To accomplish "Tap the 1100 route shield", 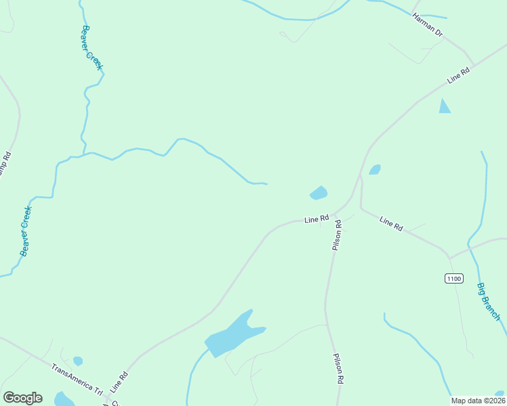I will (x=453, y=278).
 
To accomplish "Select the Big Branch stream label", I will (x=489, y=302).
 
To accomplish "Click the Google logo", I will (x=22, y=398).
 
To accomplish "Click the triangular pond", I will (x=444, y=106).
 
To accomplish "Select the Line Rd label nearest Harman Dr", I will (x=459, y=76).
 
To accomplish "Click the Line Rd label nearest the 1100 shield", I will (x=392, y=224).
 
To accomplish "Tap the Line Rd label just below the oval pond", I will (x=317, y=219).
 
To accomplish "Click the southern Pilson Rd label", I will (x=337, y=369).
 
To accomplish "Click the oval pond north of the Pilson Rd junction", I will (x=319, y=193).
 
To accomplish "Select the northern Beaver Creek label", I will (x=92, y=47).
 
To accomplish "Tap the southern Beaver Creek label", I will (x=26, y=231).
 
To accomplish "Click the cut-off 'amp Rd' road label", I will (x=7, y=163).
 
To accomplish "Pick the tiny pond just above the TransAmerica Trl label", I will (x=78, y=361).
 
